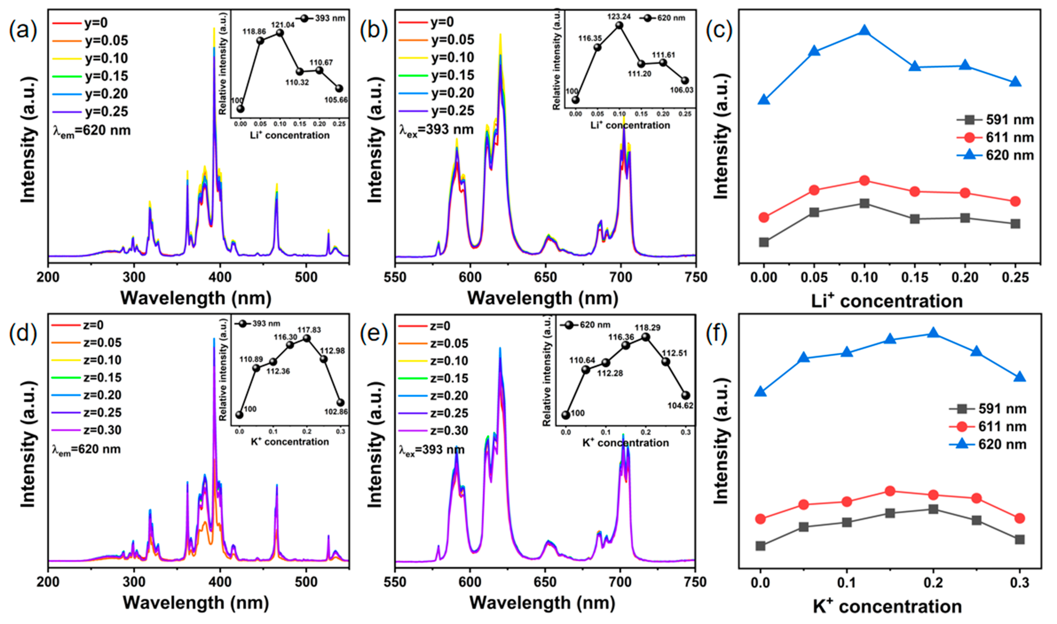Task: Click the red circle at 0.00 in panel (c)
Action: point(764,217)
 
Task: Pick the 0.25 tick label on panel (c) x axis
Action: point(1015,278)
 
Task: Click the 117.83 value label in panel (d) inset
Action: point(309,330)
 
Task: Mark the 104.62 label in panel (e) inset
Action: point(680,406)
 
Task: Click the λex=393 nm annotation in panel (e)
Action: point(432,450)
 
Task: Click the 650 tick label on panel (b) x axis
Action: point(546,278)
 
